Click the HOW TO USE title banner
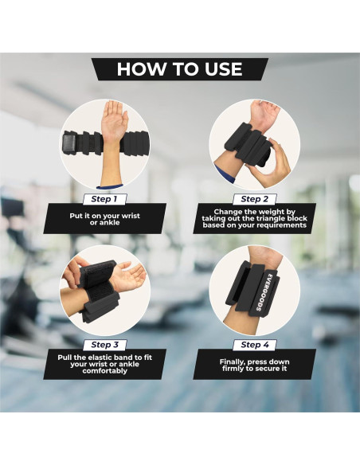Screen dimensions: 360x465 180,69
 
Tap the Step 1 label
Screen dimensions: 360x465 104,199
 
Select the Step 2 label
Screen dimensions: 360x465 255,199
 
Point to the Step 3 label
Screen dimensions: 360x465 104,345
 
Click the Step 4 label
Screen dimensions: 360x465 255,345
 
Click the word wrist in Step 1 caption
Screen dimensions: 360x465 131,216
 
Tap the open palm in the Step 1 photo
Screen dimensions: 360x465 115,120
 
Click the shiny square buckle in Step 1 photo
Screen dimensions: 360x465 71,144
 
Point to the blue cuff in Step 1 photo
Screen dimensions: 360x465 110,186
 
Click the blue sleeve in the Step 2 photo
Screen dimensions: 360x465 224,174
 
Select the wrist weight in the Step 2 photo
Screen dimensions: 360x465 247,145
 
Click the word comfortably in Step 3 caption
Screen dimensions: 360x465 104,371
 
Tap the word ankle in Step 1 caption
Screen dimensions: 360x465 109,222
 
